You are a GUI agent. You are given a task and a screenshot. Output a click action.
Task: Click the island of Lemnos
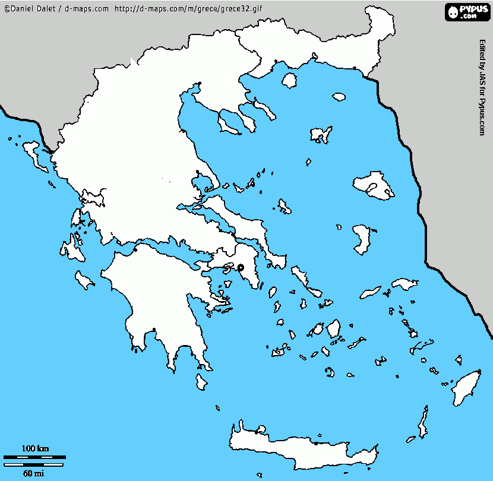(321, 135)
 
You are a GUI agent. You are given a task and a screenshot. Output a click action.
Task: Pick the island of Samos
(404, 286)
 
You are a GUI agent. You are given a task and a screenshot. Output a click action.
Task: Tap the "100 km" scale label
(35, 448)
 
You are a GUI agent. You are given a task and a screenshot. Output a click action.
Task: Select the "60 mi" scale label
(33, 473)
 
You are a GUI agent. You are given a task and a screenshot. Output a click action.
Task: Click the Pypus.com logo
(466, 11)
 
